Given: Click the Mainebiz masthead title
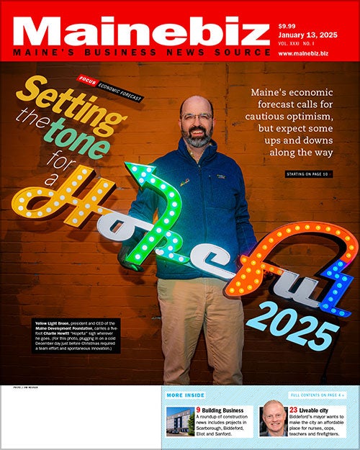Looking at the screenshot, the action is coord(137,30).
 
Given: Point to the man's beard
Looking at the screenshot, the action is coord(196,136).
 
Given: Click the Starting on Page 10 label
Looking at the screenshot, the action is coord(310,175).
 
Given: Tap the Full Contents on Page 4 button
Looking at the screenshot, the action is coord(318,395).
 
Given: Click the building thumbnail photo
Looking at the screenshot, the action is coord(179,421).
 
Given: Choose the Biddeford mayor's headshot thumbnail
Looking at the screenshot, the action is coord(272,420).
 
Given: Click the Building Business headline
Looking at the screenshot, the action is coord(222,410).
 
